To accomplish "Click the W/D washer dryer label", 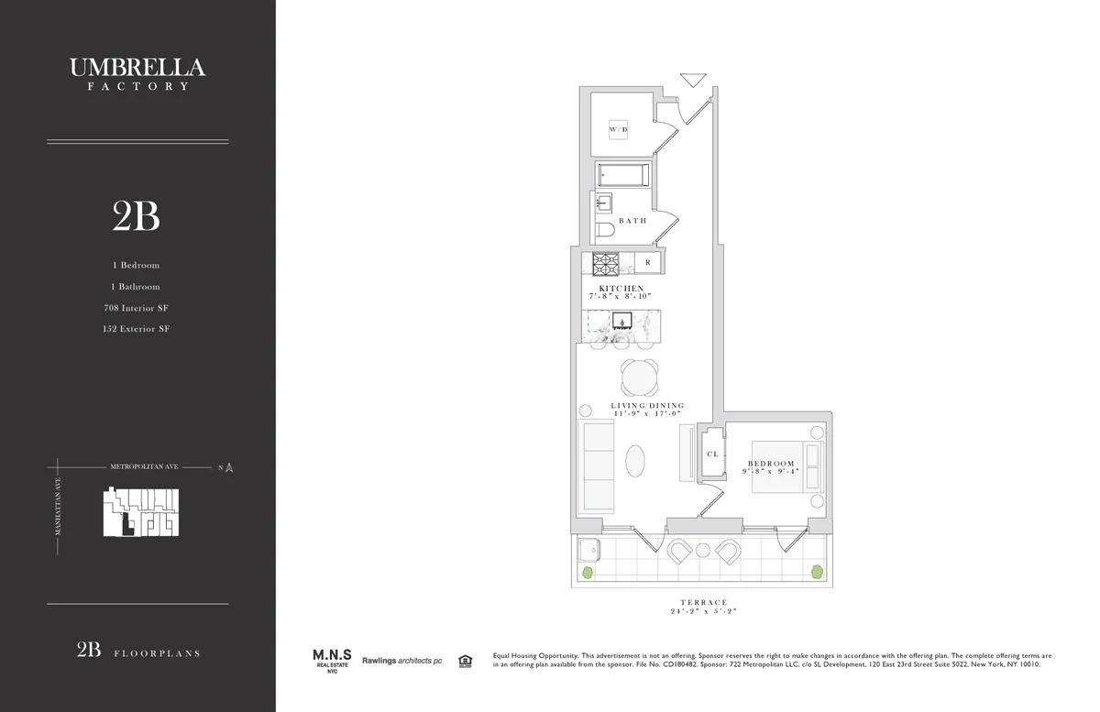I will click(x=619, y=131).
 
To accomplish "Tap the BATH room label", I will click(x=632, y=221).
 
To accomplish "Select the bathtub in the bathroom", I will click(x=623, y=175).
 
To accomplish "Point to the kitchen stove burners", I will click(x=606, y=264).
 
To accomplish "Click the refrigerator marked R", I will click(x=647, y=263).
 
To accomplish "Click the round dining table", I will click(x=639, y=376).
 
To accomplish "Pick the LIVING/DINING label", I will click(x=647, y=406).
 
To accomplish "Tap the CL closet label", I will click(x=711, y=454).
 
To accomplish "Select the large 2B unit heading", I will click(x=137, y=217).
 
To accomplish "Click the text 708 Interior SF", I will click(x=137, y=308).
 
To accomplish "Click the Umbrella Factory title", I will click(x=137, y=73).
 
